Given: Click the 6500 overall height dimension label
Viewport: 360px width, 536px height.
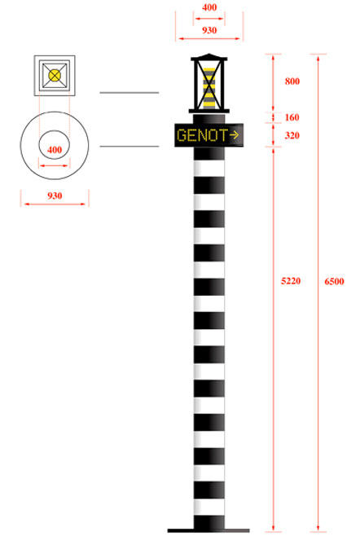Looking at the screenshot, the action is (x=334, y=281).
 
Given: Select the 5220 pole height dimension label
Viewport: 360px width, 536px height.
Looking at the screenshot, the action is (x=291, y=281).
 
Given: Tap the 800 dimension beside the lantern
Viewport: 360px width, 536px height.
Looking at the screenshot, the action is (x=292, y=81).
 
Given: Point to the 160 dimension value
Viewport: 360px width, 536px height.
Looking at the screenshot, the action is (x=292, y=117).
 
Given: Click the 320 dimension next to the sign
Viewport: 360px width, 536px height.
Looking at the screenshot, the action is (x=292, y=135).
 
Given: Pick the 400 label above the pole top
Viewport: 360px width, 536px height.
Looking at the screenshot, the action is (x=209, y=7).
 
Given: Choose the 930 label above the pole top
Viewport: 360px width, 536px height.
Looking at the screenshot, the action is (x=209, y=30).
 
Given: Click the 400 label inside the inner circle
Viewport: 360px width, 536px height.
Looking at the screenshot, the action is (x=55, y=150).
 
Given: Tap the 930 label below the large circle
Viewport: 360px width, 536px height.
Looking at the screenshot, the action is (x=55, y=196).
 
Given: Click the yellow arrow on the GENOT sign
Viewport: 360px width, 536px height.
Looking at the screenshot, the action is (x=234, y=135).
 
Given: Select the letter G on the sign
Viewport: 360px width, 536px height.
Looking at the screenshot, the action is (x=181, y=135).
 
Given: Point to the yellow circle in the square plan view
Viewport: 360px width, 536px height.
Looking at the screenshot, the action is (x=55, y=75).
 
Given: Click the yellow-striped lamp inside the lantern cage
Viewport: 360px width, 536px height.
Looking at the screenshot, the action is (x=209, y=88).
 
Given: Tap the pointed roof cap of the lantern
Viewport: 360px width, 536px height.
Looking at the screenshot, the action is (x=209, y=57).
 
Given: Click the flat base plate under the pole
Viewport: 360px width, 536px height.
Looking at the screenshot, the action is (x=209, y=530).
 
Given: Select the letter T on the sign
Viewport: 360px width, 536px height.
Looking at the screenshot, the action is (x=223, y=135).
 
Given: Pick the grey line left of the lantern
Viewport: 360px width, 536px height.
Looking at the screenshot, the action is (x=130, y=93).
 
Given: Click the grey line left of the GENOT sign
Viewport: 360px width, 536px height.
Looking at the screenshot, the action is (x=130, y=147).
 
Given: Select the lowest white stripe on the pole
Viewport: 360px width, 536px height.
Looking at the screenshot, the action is (x=209, y=507).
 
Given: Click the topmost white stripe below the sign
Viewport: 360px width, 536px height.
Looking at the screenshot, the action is (x=209, y=168).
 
